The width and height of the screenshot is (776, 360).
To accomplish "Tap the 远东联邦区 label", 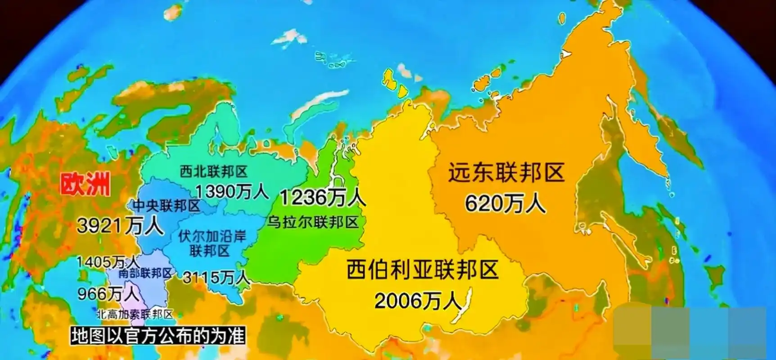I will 506,173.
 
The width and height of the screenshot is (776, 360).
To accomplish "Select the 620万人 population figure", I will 505,204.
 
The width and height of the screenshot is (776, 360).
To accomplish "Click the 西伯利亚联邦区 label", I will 423,270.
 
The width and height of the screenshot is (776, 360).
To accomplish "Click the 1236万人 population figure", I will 322,197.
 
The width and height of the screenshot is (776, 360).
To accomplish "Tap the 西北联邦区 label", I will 214,171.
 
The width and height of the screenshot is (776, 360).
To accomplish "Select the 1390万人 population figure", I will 232,192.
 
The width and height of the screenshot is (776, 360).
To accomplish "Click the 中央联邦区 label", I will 166,206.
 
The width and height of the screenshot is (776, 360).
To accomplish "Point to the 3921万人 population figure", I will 120,225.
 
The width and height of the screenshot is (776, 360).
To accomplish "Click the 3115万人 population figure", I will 216,277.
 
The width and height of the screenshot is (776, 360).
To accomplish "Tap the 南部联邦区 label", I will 145,273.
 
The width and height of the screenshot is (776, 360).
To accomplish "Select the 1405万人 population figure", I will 108,261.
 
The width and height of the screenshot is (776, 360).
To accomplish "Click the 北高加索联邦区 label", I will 135,314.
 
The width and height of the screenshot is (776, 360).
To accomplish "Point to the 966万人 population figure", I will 108,294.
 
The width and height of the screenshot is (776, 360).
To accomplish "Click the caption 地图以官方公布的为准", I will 158,336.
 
